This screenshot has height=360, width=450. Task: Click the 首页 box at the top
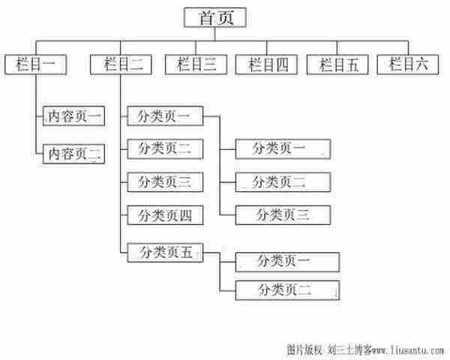tap(216, 18)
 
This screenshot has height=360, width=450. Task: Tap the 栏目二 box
tap(121, 64)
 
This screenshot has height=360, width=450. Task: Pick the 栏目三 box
tap(196, 64)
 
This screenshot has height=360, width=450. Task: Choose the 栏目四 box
tap(266, 64)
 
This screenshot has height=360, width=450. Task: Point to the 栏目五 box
tap(337, 64)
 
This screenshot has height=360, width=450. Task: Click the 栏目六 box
tap(409, 64)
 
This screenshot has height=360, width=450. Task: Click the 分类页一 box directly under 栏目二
tap(164, 116)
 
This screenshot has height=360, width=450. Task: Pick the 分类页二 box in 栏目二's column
tap(164, 148)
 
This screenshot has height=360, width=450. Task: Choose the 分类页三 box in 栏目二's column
tap(164, 181)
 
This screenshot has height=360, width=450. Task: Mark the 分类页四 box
tap(164, 215)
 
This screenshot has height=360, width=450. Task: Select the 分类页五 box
tap(164, 253)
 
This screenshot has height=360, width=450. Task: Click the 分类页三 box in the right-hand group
tap(283, 214)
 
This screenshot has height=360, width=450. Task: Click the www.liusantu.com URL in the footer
tap(409, 349)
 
